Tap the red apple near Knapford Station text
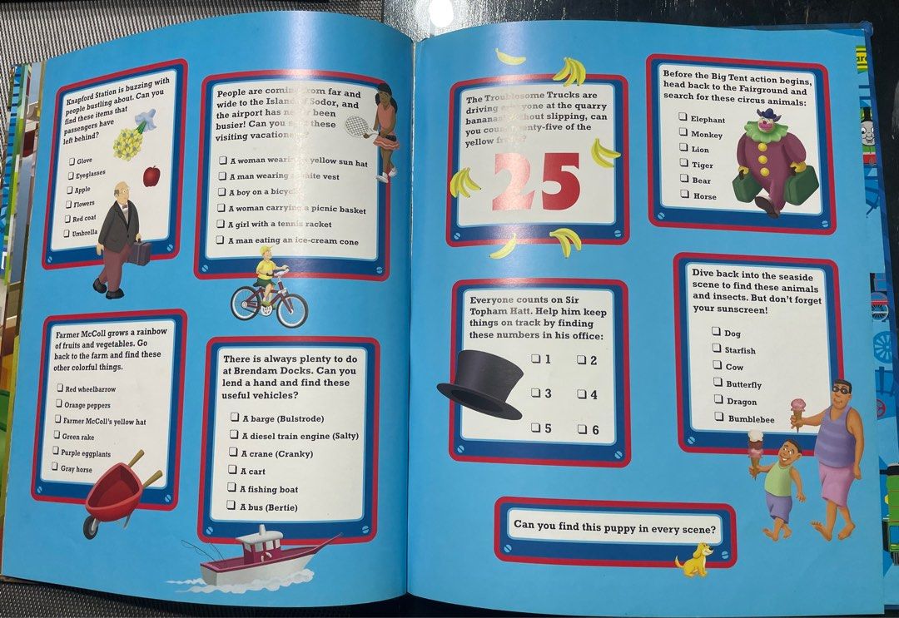point(151,176)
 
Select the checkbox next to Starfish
point(716,349)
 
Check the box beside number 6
point(582,429)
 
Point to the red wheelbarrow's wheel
point(92,527)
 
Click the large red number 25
point(536,182)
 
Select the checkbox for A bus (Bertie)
point(231,506)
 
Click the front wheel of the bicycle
point(291,310)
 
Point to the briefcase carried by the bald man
point(139,253)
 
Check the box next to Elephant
point(682,118)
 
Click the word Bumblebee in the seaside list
point(751,419)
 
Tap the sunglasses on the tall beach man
point(841,388)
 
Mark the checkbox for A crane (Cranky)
point(233,452)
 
